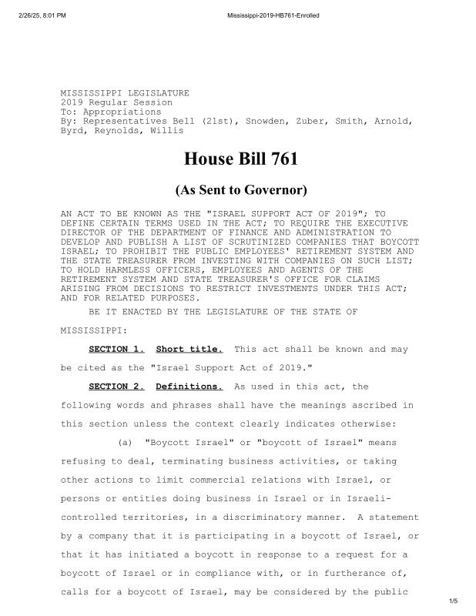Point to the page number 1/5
[x=453, y=600]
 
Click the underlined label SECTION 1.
[x=117, y=350]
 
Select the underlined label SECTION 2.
[x=117, y=387]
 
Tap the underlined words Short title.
[x=189, y=350]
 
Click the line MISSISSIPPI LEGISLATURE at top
[x=125, y=93]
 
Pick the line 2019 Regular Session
[x=116, y=102]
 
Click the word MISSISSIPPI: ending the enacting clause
[x=92, y=330]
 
